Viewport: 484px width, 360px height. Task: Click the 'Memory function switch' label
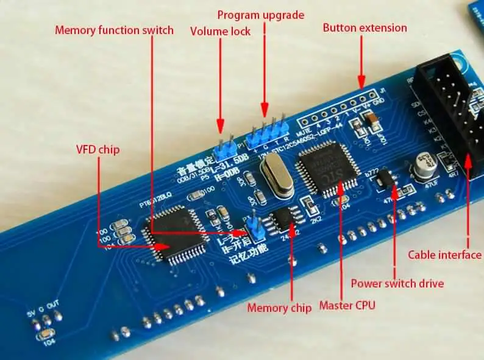click(x=115, y=30)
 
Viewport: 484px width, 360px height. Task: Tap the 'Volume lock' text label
click(x=220, y=32)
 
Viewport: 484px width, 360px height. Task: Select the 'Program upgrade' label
click(x=260, y=15)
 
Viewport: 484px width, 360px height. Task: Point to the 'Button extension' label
click(x=365, y=27)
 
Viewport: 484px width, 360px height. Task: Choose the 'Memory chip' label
click(x=279, y=308)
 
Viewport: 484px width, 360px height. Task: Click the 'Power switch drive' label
click(x=397, y=283)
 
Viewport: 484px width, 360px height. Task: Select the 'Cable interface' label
click(x=444, y=255)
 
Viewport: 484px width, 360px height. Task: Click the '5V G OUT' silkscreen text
click(x=46, y=316)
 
